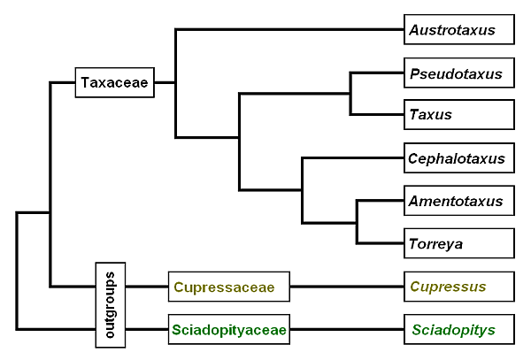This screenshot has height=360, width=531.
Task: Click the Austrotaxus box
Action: (458, 29)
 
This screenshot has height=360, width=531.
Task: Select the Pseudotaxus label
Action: (458, 73)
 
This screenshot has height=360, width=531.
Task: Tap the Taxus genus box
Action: (458, 114)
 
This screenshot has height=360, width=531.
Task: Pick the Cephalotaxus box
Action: (458, 159)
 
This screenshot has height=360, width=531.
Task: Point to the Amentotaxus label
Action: (458, 201)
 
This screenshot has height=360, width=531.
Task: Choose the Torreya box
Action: (458, 242)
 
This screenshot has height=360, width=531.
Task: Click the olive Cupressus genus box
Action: (458, 287)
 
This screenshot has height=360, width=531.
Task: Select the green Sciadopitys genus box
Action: (458, 330)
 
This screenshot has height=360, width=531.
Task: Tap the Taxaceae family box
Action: (115, 83)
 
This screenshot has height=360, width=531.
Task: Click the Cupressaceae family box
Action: (228, 287)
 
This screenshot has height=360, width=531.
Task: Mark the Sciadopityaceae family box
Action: (228, 330)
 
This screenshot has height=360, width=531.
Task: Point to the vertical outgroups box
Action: (111, 304)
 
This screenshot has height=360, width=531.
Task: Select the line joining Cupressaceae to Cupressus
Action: (346, 287)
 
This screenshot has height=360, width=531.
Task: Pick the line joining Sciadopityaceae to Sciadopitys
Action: (346, 330)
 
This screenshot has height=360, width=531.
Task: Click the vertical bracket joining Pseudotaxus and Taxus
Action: (351, 94)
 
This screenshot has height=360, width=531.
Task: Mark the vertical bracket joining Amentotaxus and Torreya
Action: (357, 221)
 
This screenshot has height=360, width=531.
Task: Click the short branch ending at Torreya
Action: (380, 242)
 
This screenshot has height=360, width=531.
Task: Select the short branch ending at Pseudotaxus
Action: (377, 73)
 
